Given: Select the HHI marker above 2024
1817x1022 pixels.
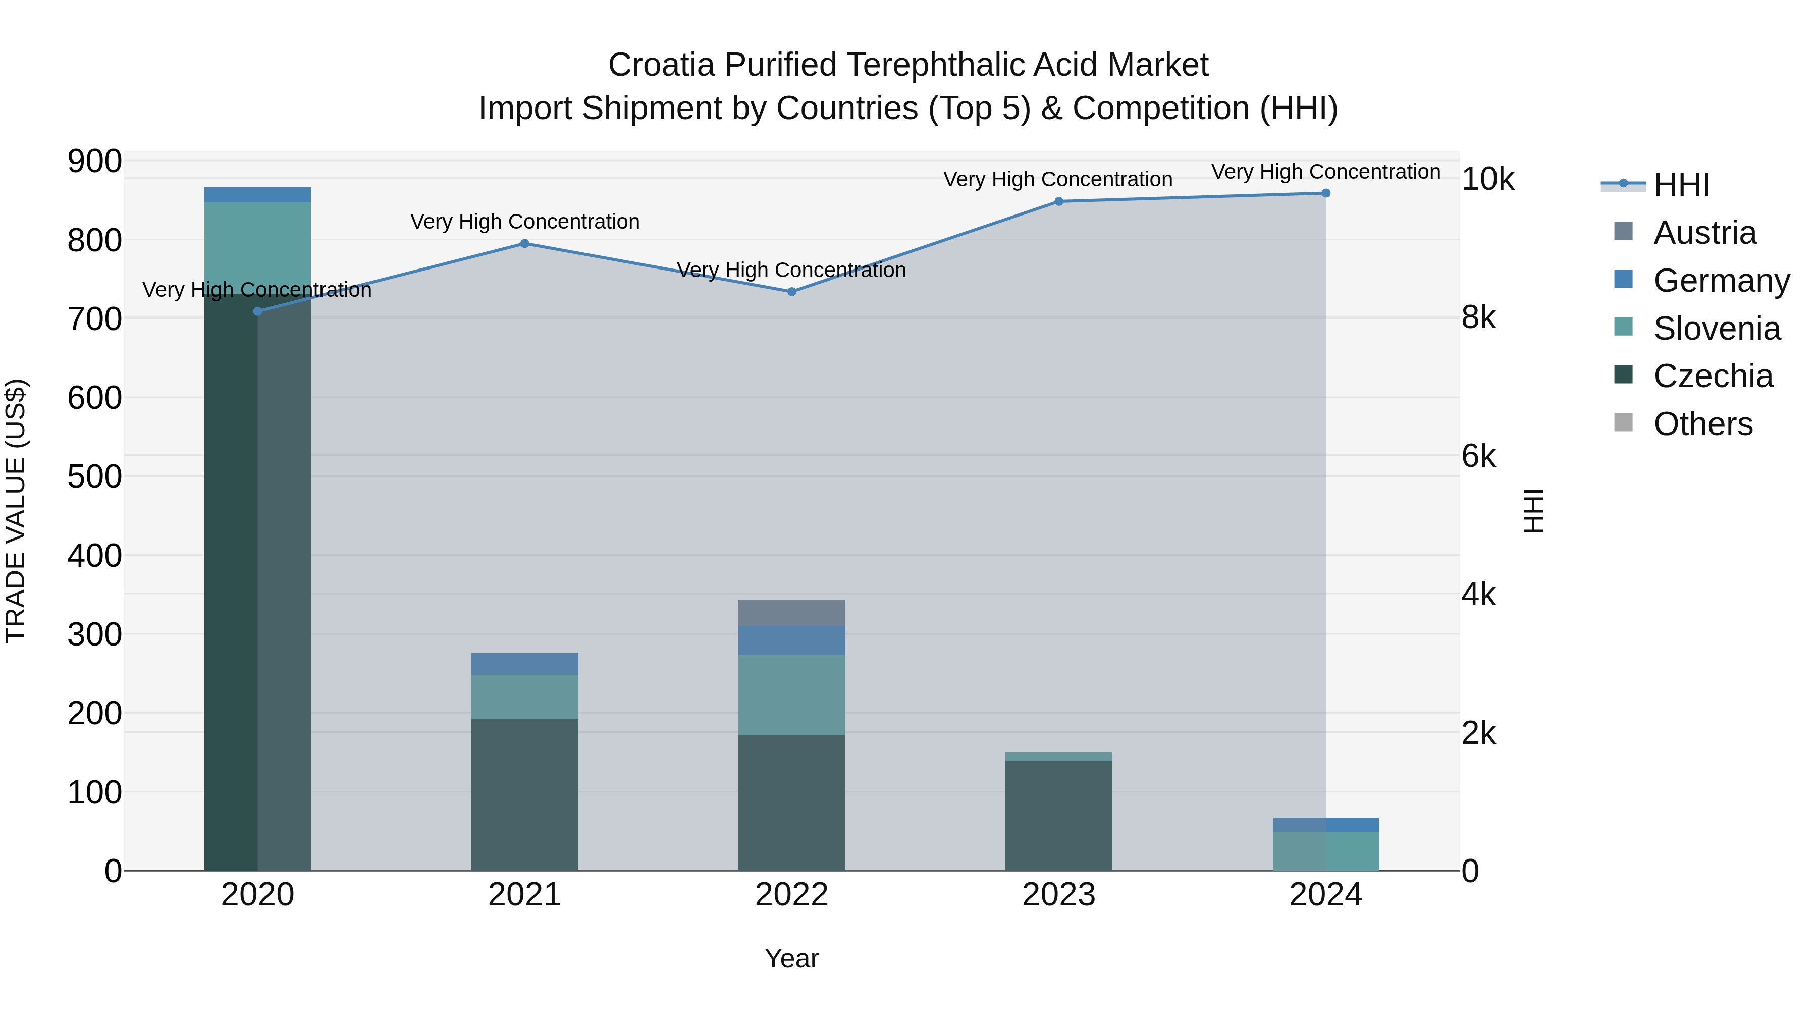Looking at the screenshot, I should pos(1325,193).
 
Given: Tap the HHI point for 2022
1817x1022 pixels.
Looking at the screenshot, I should pos(791,291).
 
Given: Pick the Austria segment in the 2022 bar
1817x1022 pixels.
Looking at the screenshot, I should pos(791,613).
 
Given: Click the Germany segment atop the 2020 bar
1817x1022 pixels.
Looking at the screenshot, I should pos(257,195).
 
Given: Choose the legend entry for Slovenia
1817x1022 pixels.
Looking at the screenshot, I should pos(1716,329).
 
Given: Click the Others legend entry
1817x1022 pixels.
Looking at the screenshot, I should pos(1702,424).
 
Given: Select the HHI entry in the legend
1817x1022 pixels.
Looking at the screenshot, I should pos(1681,185).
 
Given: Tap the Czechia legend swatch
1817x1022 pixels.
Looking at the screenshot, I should pos(1623,374).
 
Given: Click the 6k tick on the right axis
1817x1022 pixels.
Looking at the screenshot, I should pos(1478,456).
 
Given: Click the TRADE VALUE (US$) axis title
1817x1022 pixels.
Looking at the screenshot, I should pos(16,511).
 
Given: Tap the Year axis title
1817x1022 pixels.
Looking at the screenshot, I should pos(791,958).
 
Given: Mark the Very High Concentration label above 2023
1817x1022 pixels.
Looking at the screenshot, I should pos(1057,179).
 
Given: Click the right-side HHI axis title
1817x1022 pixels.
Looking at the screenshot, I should pos(1533,511).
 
